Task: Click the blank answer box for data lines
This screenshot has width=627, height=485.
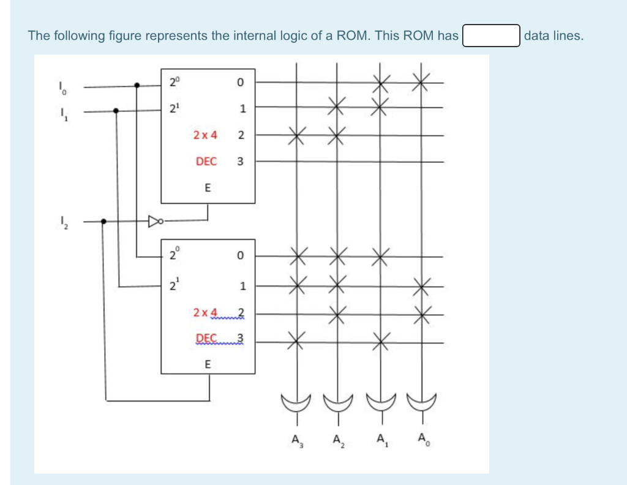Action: [x=491, y=36]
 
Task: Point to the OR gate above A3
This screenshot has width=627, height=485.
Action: [x=297, y=402]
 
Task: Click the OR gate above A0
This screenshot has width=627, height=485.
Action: [x=422, y=402]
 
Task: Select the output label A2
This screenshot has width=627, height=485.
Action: [x=337, y=440]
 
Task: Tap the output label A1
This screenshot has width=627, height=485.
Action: [x=381, y=440]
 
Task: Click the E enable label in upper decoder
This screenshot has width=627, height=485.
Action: [x=207, y=189]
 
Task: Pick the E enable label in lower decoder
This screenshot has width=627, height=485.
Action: [x=207, y=364]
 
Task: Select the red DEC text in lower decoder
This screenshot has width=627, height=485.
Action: [x=206, y=338]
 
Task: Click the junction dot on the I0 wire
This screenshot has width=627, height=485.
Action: [x=137, y=86]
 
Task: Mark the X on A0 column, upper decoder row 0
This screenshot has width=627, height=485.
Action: [x=421, y=81]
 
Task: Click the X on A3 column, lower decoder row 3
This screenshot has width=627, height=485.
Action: [x=297, y=341]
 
